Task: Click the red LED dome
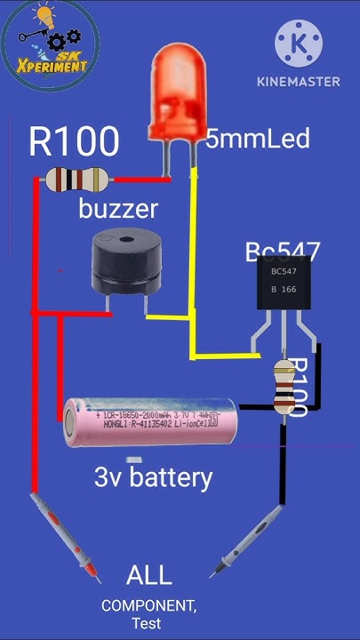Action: point(179,92)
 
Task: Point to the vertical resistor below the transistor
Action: point(282,387)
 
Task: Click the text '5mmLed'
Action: point(258,139)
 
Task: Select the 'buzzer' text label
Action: point(118,210)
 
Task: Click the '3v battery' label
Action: point(154,477)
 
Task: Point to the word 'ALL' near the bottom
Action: point(148,575)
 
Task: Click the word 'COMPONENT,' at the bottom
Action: point(148,605)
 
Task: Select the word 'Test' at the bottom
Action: point(147,624)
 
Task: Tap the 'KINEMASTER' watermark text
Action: point(299,82)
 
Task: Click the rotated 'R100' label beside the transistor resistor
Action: point(299,387)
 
